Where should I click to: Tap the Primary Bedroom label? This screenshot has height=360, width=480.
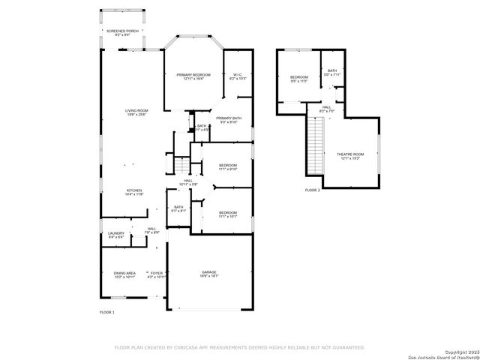[193, 76]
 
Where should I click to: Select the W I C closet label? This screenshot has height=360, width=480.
[237, 76]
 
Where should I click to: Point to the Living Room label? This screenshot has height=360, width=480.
[136, 112]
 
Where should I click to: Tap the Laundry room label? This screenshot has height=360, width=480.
[115, 234]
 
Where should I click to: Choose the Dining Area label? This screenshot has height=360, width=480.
[124, 274]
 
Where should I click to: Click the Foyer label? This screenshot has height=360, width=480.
[157, 274]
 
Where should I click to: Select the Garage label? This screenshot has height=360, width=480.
[208, 274]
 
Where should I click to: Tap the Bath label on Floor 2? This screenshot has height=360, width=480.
[332, 72]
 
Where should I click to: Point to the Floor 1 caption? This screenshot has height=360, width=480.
[107, 311]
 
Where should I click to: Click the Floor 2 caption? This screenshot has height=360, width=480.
[312, 190]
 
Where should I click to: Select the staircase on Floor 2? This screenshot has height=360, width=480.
[314, 147]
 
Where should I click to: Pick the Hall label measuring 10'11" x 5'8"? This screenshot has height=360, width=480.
[188, 182]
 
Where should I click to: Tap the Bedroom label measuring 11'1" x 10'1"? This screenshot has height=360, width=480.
[228, 215]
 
